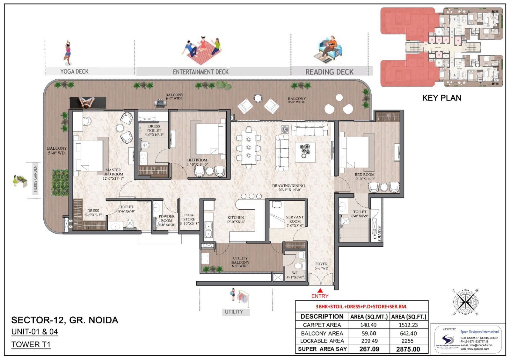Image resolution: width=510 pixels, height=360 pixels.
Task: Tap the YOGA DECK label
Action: (x=74, y=71)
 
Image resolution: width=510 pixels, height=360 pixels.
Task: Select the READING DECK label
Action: (x=329, y=72)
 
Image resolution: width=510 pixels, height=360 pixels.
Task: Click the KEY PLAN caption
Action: (x=441, y=98)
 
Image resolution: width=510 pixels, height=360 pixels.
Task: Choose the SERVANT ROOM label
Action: (x=295, y=219)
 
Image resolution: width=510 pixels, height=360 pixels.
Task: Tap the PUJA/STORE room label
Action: (x=189, y=219)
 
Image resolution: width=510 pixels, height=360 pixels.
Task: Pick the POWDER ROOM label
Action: (x=167, y=220)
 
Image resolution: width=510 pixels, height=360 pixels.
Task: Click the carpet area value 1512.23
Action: (x=407, y=325)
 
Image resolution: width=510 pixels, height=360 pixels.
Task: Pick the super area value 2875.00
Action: (x=408, y=349)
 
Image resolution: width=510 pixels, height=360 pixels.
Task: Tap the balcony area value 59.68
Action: (x=369, y=333)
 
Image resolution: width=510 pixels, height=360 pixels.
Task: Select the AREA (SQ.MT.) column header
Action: (x=369, y=317)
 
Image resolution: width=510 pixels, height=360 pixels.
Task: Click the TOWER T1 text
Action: (x=31, y=344)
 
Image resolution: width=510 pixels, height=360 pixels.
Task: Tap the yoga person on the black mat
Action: (x=87, y=102)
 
